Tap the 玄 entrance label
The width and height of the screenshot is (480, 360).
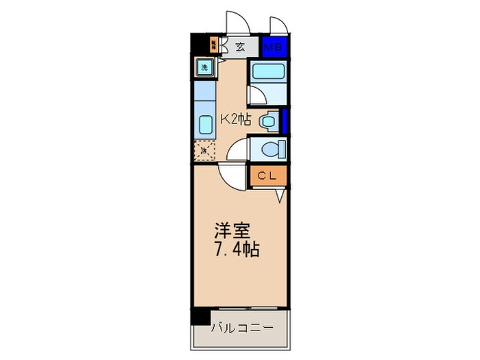click(240, 47)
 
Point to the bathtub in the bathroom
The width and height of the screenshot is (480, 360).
click(266, 73)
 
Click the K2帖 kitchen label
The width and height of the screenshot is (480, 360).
click(235, 120)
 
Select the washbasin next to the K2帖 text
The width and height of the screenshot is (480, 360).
click(268, 121)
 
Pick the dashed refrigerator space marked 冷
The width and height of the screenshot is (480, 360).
click(204, 149)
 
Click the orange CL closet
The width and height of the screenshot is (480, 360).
click(267, 176)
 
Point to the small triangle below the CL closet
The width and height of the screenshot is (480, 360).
click(280, 196)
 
